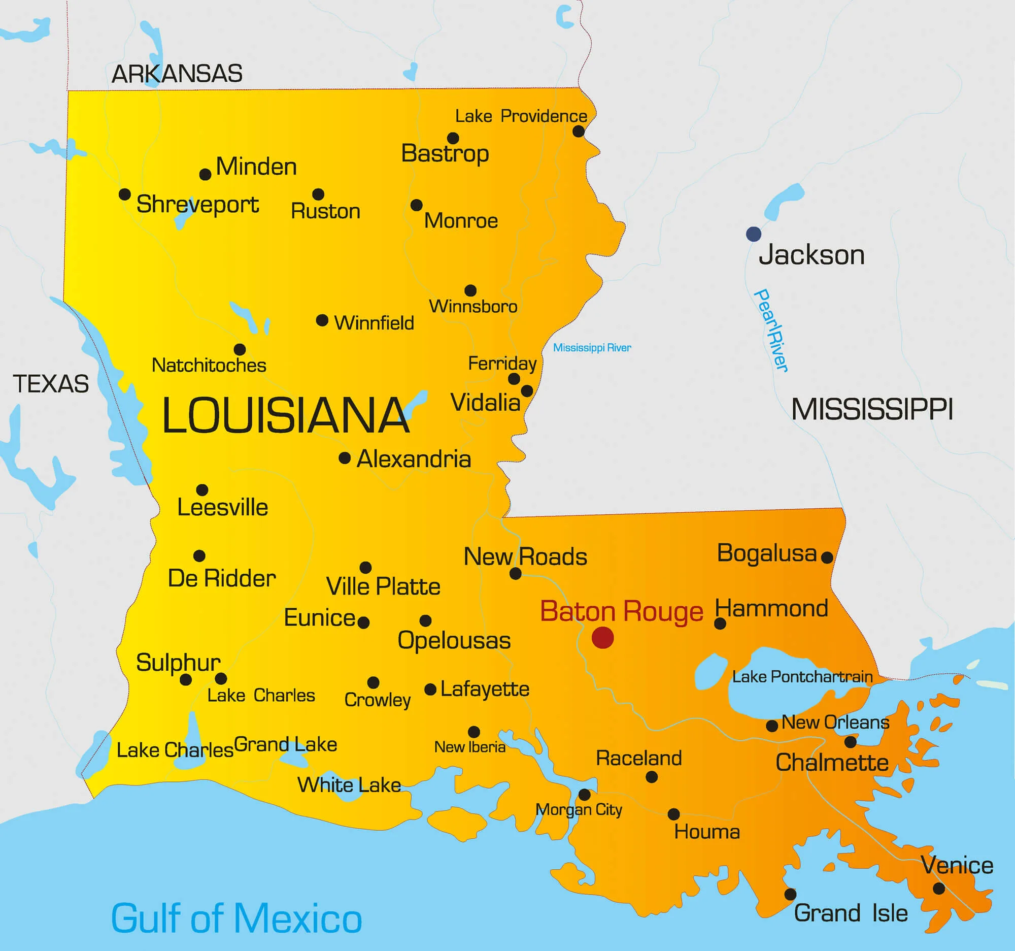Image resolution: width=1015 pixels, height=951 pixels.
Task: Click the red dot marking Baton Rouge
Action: pos(602,637)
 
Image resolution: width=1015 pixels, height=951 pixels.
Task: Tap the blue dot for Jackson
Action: pos(754,234)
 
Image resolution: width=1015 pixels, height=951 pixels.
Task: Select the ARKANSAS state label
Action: pos(177,74)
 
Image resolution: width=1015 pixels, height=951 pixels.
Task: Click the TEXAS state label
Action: pos(51,384)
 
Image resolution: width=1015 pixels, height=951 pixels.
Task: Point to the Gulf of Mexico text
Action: pos(236,919)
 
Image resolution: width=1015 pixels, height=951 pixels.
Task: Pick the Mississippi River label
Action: pos(592,348)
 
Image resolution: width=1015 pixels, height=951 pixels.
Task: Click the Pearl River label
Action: pos(771,331)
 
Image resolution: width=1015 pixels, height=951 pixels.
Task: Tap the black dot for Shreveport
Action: pos(124,194)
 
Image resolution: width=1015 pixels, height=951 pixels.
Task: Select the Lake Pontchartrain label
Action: pos(802,677)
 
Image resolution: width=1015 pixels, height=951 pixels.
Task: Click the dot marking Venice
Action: pos(938,889)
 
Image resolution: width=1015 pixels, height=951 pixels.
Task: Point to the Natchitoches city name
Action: pos(209,366)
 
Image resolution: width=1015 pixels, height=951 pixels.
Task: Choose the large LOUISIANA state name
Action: pos(285,416)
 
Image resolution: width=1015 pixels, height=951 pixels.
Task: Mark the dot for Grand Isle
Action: pos(790,894)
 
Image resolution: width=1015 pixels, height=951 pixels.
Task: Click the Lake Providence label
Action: pos(521,116)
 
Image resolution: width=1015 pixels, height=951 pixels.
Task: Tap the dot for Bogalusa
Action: pos(827,558)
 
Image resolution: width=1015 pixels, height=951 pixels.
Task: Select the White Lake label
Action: pos(349,785)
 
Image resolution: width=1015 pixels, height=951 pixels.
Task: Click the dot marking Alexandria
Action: pos(345,458)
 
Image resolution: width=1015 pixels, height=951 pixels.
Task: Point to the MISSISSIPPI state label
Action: pos(872,410)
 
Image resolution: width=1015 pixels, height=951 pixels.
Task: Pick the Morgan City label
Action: pos(579,809)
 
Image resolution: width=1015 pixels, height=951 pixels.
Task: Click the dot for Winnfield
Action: pos(322,320)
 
